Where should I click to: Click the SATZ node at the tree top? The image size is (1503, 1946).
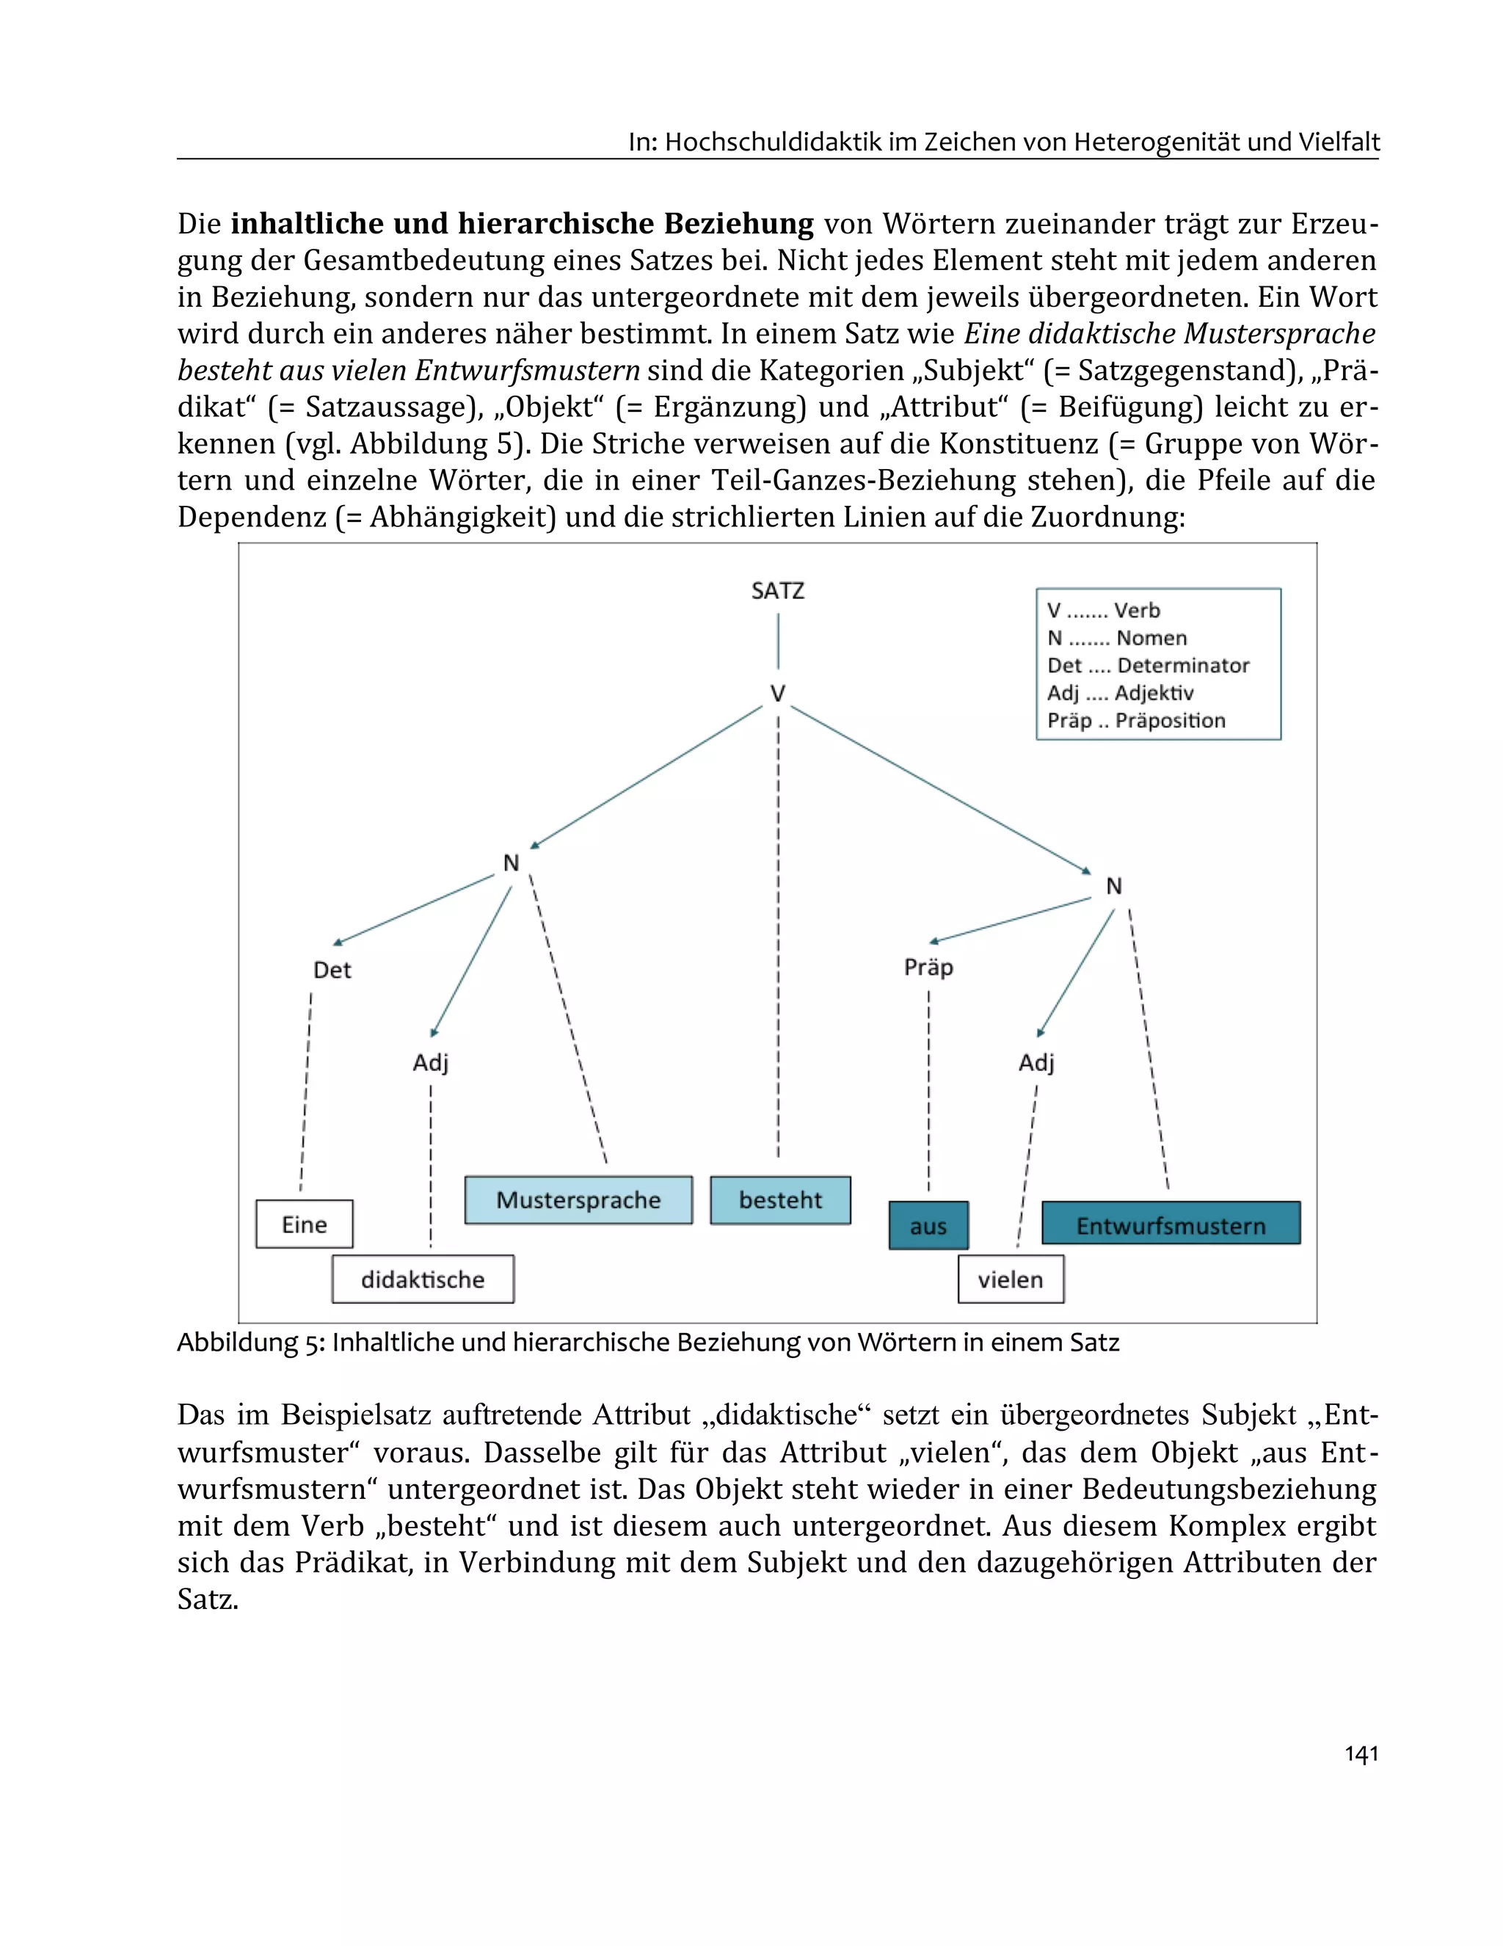point(777,591)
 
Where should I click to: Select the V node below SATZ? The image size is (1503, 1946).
point(777,693)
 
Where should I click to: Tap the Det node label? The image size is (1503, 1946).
point(332,970)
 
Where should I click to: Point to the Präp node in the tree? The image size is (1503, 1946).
point(928,967)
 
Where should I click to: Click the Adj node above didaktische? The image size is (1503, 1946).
point(430,1062)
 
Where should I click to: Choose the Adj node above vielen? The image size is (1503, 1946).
point(1036,1062)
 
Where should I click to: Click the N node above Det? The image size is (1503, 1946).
point(511,863)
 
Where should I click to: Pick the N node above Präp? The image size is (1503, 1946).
point(1113,886)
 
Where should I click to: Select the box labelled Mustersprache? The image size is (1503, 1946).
point(578,1200)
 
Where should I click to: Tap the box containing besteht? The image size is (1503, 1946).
point(780,1200)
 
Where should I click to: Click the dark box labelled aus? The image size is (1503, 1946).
point(928,1226)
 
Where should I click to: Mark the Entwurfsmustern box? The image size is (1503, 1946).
point(1171,1226)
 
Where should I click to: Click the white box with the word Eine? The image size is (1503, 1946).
point(304,1224)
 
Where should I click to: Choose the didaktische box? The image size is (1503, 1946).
point(422,1279)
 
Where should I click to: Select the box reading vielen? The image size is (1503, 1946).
point(1011,1279)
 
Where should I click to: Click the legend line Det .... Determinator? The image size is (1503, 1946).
point(1148,666)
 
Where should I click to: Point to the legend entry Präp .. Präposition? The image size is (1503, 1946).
point(1136,721)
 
